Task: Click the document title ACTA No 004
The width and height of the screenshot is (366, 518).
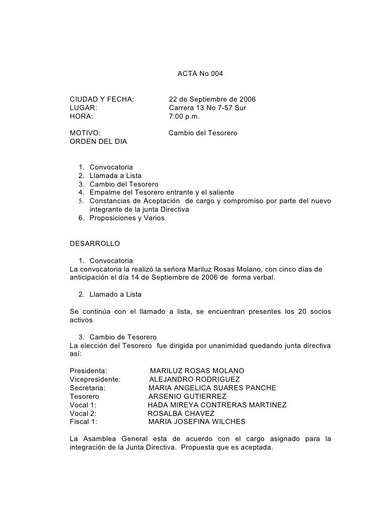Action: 200,74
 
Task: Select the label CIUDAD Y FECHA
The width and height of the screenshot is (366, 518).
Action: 102,99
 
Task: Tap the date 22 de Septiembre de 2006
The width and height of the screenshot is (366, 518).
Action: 212,99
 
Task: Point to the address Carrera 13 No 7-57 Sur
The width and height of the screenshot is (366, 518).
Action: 207,108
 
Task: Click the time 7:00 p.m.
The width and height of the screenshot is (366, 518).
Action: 184,117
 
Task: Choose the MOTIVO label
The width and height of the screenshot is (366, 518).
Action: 84,133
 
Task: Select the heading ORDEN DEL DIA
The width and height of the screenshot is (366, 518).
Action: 98,142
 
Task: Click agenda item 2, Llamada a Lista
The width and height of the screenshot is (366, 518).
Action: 115,176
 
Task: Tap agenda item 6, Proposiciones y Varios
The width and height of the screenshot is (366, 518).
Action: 126,218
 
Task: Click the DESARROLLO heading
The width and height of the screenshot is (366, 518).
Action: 95,243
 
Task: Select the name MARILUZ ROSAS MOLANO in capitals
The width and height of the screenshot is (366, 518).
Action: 197,371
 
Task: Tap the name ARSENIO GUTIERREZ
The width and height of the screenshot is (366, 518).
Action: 187,396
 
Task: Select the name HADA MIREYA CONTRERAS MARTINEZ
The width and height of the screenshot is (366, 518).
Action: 217,405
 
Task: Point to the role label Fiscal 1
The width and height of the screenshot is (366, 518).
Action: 83,422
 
